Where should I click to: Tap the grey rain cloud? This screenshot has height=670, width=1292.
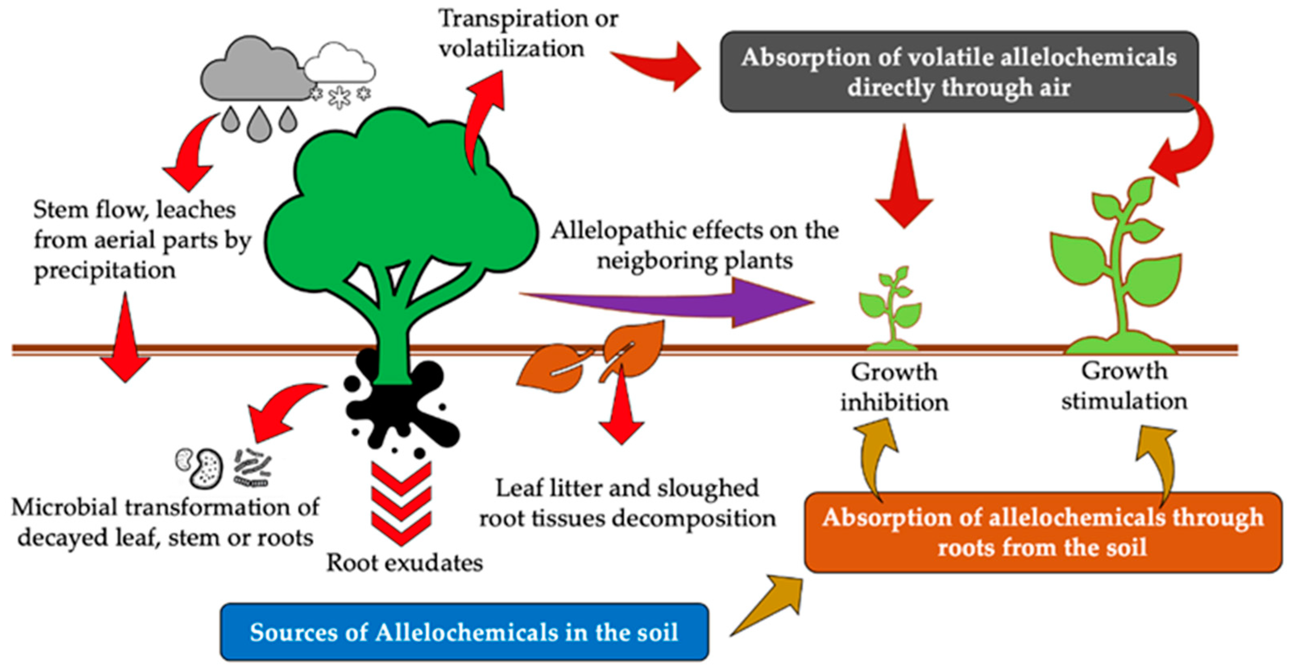click(251, 73)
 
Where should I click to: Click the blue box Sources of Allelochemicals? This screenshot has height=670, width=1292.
click(464, 632)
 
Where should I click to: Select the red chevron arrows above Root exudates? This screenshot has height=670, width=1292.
click(401, 502)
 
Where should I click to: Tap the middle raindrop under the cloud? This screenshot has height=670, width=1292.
click(259, 123)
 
